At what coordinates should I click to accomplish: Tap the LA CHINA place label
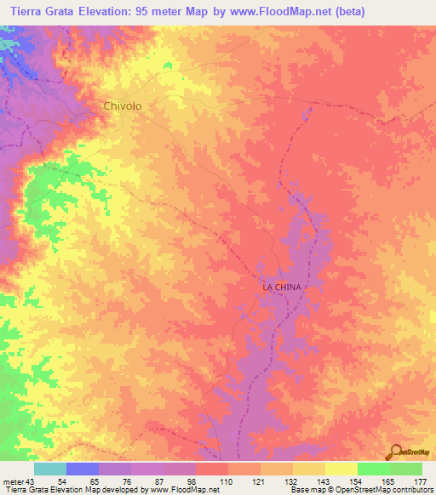[x=281, y=287]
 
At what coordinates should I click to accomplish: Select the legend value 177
[x=420, y=481]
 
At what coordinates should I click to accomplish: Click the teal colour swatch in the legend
[x=50, y=469]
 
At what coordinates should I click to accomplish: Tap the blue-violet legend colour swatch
[x=83, y=469]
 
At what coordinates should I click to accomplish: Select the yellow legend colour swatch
[x=341, y=469]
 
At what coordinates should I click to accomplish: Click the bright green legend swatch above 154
[x=373, y=469]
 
